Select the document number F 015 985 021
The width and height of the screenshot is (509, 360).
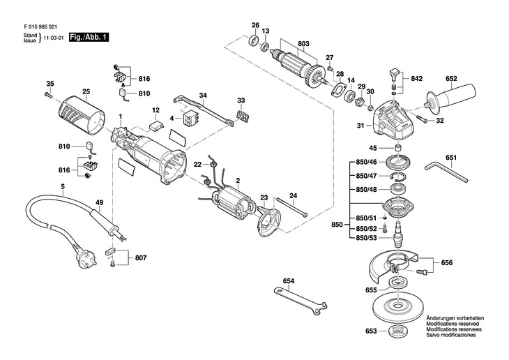43,24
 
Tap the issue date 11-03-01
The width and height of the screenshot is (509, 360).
58,40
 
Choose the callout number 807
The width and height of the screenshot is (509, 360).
141,259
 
